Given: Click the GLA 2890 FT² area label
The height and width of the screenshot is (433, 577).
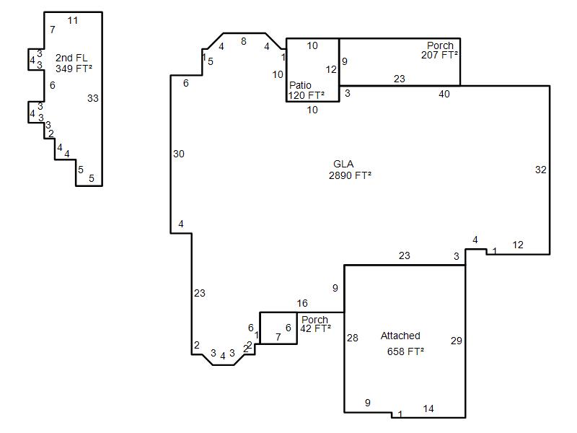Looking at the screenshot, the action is coord(350,170).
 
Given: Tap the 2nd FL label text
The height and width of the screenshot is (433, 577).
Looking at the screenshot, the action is coord(71,58).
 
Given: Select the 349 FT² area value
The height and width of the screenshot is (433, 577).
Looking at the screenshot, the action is coord(74,69).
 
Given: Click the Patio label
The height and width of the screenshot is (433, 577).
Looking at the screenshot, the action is coord(300,85).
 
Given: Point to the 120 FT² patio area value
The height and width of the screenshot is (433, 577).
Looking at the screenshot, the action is coord(306,95).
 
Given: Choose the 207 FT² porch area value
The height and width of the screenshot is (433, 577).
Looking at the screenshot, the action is coord(439,55).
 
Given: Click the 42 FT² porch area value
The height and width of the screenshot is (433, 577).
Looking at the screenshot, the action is coord(315,328).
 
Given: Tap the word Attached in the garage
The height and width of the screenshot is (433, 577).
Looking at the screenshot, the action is coord(400,336).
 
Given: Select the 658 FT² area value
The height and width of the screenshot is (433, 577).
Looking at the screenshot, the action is coord(405,351).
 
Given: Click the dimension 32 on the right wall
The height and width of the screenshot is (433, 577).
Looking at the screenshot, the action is coord(540,170).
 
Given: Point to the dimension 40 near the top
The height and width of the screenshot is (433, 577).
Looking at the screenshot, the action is coord(444,94).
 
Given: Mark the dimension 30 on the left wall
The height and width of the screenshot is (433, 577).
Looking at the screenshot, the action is coord(178,154).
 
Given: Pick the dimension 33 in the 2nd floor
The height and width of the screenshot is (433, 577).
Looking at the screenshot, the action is coord(93,98).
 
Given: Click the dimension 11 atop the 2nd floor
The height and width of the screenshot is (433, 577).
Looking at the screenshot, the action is coord(73,21).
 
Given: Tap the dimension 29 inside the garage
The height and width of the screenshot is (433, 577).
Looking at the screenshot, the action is coord(457,341).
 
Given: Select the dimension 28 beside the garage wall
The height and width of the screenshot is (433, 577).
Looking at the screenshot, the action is coord(352,338).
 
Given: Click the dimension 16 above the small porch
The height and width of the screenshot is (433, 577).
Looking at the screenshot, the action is coord(302,303).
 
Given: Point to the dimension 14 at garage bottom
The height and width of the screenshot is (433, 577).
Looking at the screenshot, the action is coord(428,408).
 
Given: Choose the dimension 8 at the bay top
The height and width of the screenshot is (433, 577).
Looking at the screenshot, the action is coord(244,42).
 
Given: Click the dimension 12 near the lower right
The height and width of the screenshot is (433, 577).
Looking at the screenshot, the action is coord(518,245).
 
